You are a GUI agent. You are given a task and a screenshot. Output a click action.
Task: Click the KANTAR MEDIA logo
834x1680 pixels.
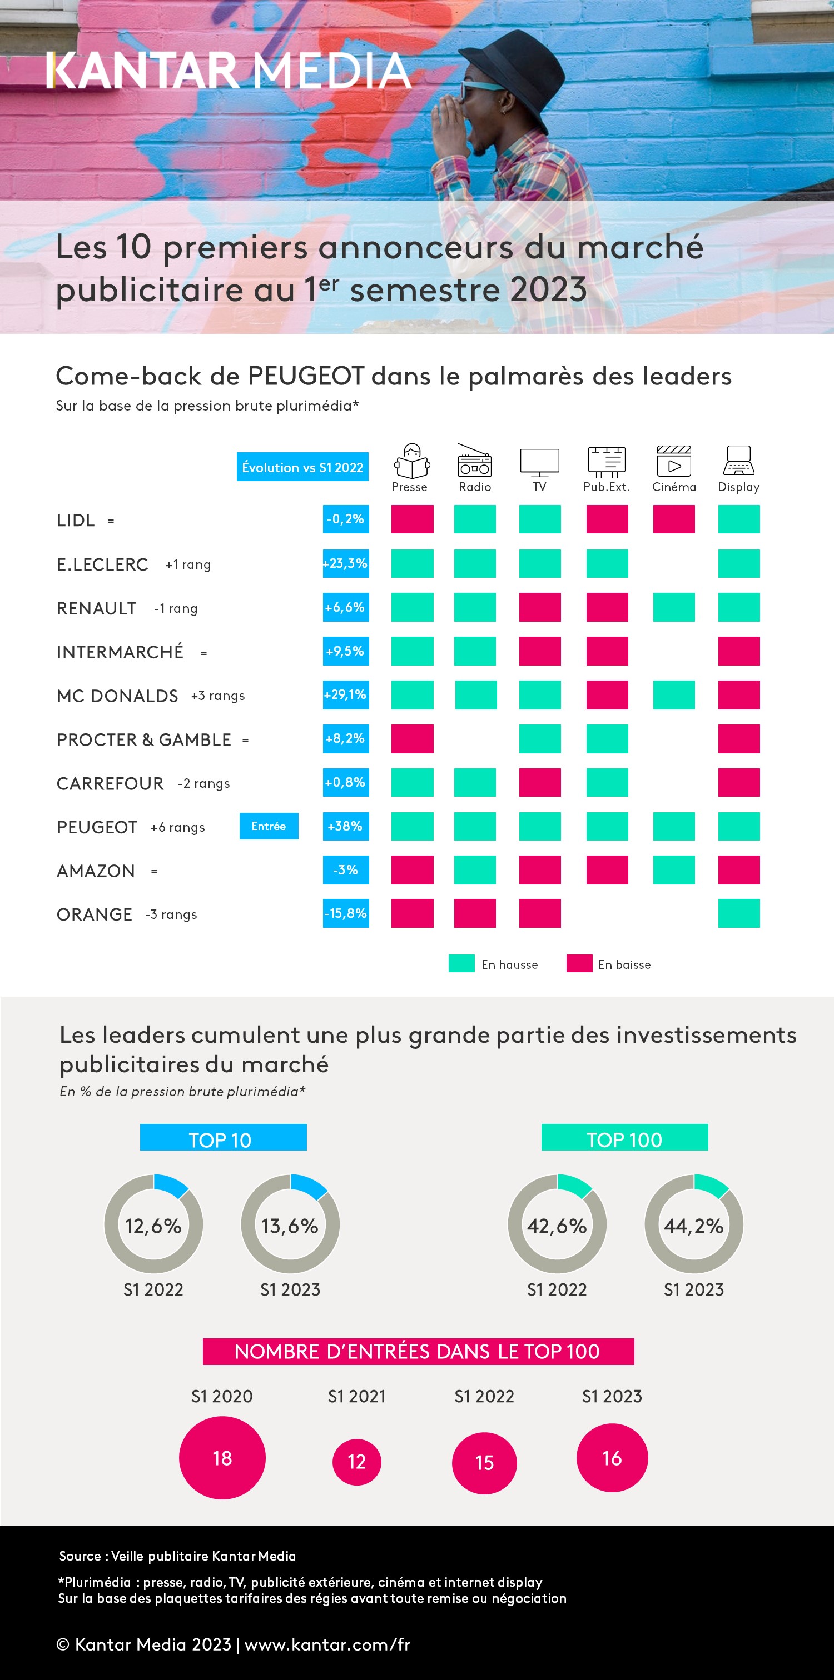pos(229,71)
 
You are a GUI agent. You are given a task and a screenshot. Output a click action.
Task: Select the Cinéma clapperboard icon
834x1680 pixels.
pos(673,461)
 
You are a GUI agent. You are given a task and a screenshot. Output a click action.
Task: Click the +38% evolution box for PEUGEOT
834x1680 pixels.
pos(345,826)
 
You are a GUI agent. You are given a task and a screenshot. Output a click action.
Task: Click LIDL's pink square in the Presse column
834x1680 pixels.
pos(412,519)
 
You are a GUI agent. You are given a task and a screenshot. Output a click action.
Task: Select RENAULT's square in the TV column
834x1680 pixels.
pos(540,607)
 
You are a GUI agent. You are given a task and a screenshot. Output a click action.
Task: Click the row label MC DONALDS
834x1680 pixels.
pos(117,696)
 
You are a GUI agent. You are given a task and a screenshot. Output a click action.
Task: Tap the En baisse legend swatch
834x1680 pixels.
pos(579,964)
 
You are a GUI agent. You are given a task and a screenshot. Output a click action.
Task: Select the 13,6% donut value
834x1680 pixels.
pos(290,1226)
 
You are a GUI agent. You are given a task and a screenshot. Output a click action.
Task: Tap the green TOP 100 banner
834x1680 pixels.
pos(624,1139)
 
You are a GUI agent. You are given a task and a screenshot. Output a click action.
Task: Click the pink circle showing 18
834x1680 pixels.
pos(222,1458)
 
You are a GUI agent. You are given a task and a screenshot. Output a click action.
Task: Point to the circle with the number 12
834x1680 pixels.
pos(356,1462)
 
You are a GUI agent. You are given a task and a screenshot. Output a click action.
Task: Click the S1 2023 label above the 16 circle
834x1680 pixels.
pos(612,1396)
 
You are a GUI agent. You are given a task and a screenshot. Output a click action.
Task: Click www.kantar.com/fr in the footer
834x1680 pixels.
pos(327,1644)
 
